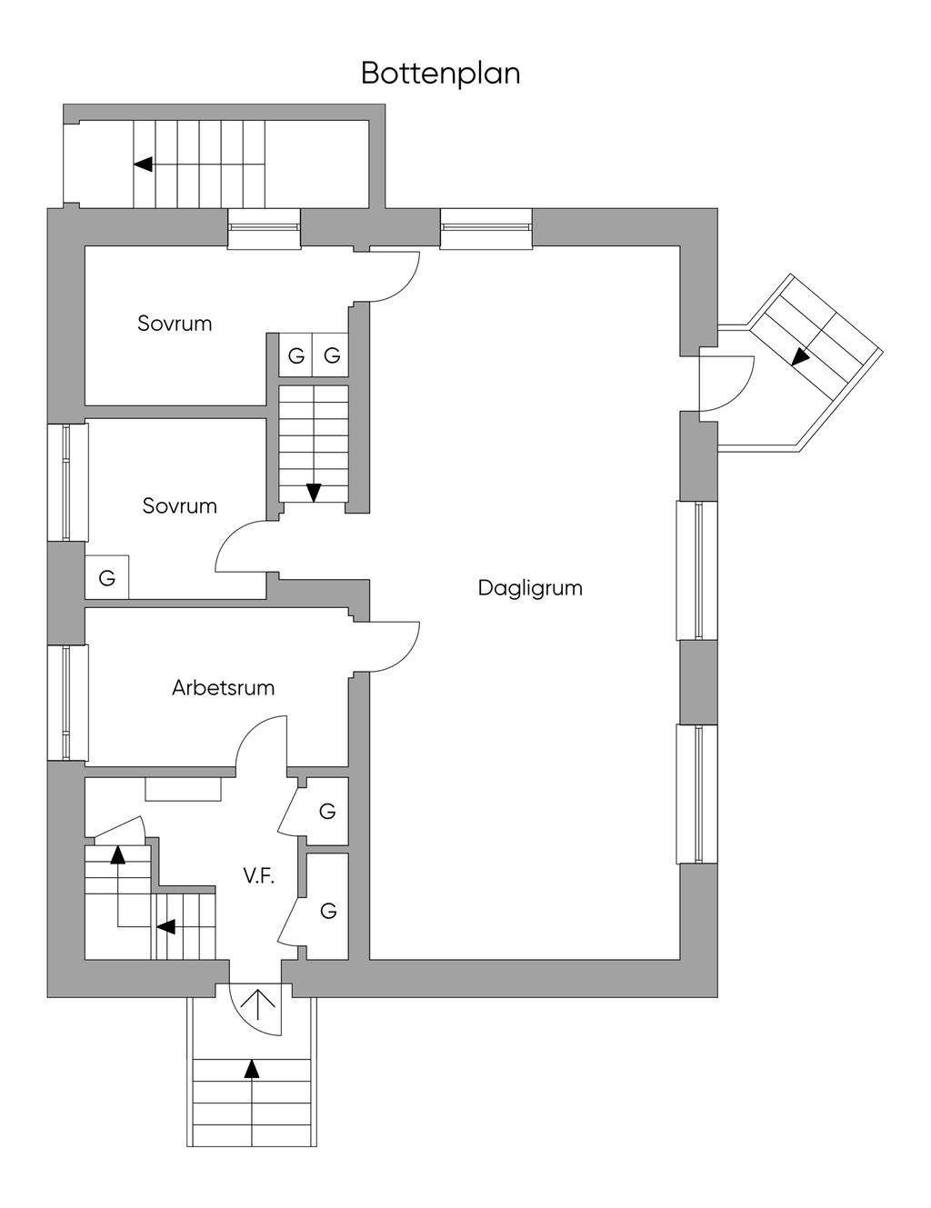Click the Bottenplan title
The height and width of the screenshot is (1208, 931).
(441, 74)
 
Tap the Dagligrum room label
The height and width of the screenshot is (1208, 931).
(530, 588)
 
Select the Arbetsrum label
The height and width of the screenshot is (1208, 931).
(224, 688)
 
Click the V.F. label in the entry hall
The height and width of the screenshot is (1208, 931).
(259, 876)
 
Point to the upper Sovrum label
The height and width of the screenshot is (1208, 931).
(175, 324)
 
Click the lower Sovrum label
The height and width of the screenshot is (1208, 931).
(179, 506)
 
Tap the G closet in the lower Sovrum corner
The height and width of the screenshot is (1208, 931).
(106, 578)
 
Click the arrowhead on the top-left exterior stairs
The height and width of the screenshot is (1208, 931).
(143, 164)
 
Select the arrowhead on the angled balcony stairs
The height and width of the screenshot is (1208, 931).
(800, 356)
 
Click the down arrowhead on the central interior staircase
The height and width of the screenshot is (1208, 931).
(314, 492)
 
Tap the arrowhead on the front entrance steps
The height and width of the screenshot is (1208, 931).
(253, 1068)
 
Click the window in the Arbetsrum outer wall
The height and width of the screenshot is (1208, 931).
(67, 703)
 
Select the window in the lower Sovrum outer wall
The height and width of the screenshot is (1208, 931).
(67, 482)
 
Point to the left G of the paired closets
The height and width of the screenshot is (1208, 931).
(296, 355)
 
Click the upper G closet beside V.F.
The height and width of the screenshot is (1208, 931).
(327, 811)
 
